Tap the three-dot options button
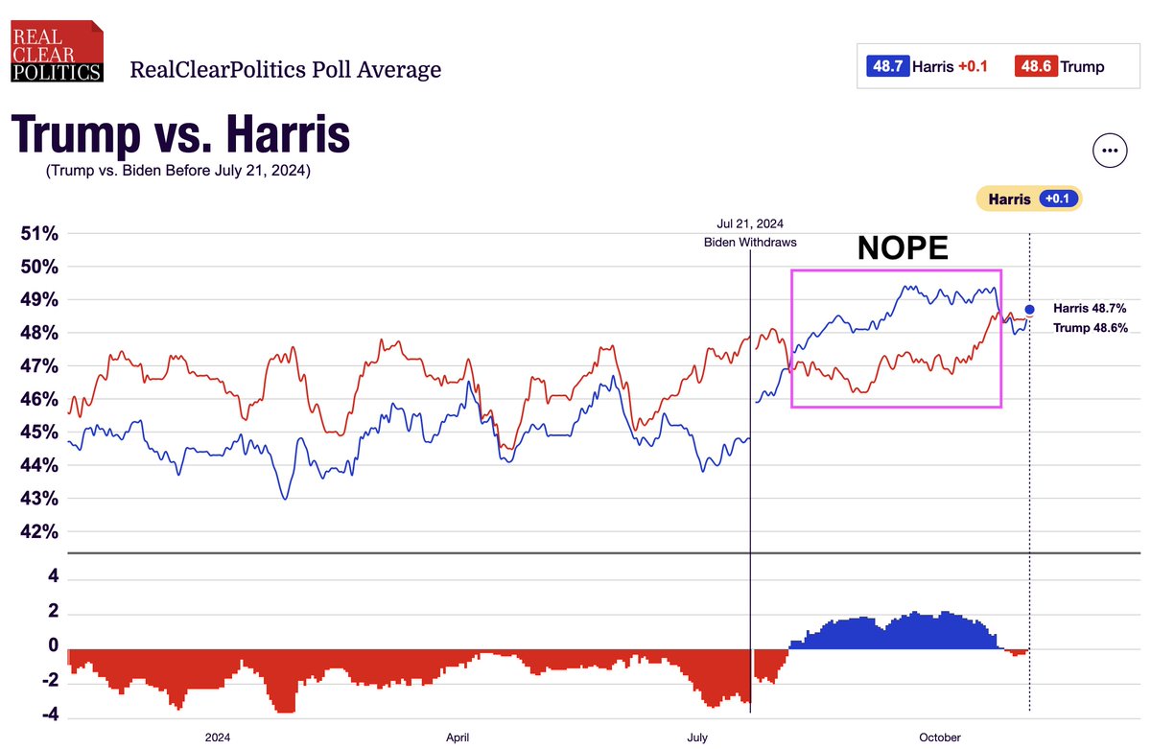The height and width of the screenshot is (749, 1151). click(x=1109, y=151)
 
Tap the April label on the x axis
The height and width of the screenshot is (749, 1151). click(x=458, y=737)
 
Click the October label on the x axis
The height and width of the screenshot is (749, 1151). click(x=940, y=737)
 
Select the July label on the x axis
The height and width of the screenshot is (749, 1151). click(x=697, y=737)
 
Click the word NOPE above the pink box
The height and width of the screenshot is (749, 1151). click(x=902, y=248)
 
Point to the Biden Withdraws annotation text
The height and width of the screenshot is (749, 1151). click(x=750, y=243)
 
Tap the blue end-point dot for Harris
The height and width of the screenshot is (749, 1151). click(x=1029, y=310)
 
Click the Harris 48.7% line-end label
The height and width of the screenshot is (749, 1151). click(x=1090, y=309)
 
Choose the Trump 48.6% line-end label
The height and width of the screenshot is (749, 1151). click(x=1090, y=328)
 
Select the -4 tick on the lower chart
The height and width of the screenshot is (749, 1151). click(x=54, y=714)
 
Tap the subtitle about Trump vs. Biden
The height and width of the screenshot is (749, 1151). click(x=177, y=172)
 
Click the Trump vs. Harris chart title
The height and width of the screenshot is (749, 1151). click(x=180, y=135)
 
